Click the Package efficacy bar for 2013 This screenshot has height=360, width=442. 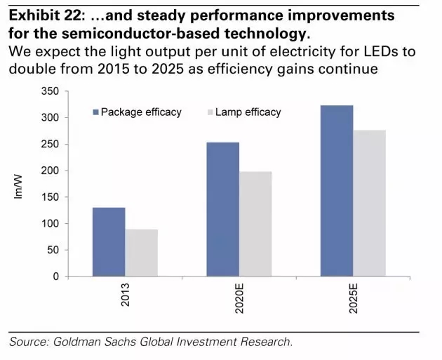click(x=109, y=242)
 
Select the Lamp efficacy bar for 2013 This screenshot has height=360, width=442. click(x=141, y=253)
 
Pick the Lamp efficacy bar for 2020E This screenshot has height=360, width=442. click(x=255, y=224)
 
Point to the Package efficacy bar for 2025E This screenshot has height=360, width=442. click(x=337, y=191)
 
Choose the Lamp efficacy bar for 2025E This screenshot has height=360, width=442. click(x=369, y=203)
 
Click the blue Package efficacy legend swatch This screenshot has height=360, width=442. click(x=96, y=112)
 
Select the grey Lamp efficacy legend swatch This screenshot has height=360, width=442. click(x=210, y=112)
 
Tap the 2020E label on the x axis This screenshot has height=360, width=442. click(x=239, y=300)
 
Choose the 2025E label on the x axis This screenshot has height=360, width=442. click(x=353, y=300)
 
